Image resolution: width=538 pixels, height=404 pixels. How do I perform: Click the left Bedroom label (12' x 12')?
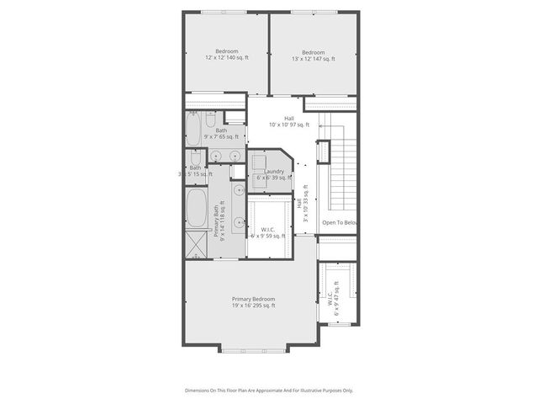tap(226, 55)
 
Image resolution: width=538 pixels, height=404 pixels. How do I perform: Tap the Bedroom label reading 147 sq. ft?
tap(313, 55)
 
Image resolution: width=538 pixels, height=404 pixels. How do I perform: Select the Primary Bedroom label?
tap(253, 302)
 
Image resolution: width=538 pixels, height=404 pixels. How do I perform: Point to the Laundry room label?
tap(273, 174)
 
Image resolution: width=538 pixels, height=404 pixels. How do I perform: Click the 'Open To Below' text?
tap(340, 222)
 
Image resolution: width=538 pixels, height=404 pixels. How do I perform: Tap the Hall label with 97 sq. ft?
tap(288, 121)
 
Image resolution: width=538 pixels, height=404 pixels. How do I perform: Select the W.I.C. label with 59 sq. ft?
tap(268, 232)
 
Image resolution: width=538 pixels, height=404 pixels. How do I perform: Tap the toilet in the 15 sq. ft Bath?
tap(195, 157)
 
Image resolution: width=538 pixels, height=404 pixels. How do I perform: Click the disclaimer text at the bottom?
tap(269, 391)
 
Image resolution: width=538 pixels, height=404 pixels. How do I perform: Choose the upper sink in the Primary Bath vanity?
tap(240, 190)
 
